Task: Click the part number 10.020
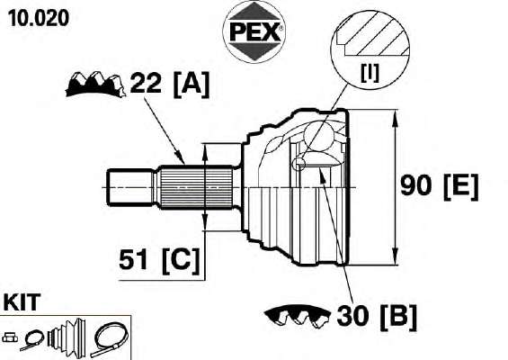tap(39, 18)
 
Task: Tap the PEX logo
tap(254, 31)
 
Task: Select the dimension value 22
tap(146, 83)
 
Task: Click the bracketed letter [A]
tap(192, 85)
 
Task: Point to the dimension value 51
tap(134, 259)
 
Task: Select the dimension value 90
tap(416, 185)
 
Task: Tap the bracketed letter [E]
tap(460, 187)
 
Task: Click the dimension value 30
tap(352, 315)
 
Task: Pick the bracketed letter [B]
tap(398, 317)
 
